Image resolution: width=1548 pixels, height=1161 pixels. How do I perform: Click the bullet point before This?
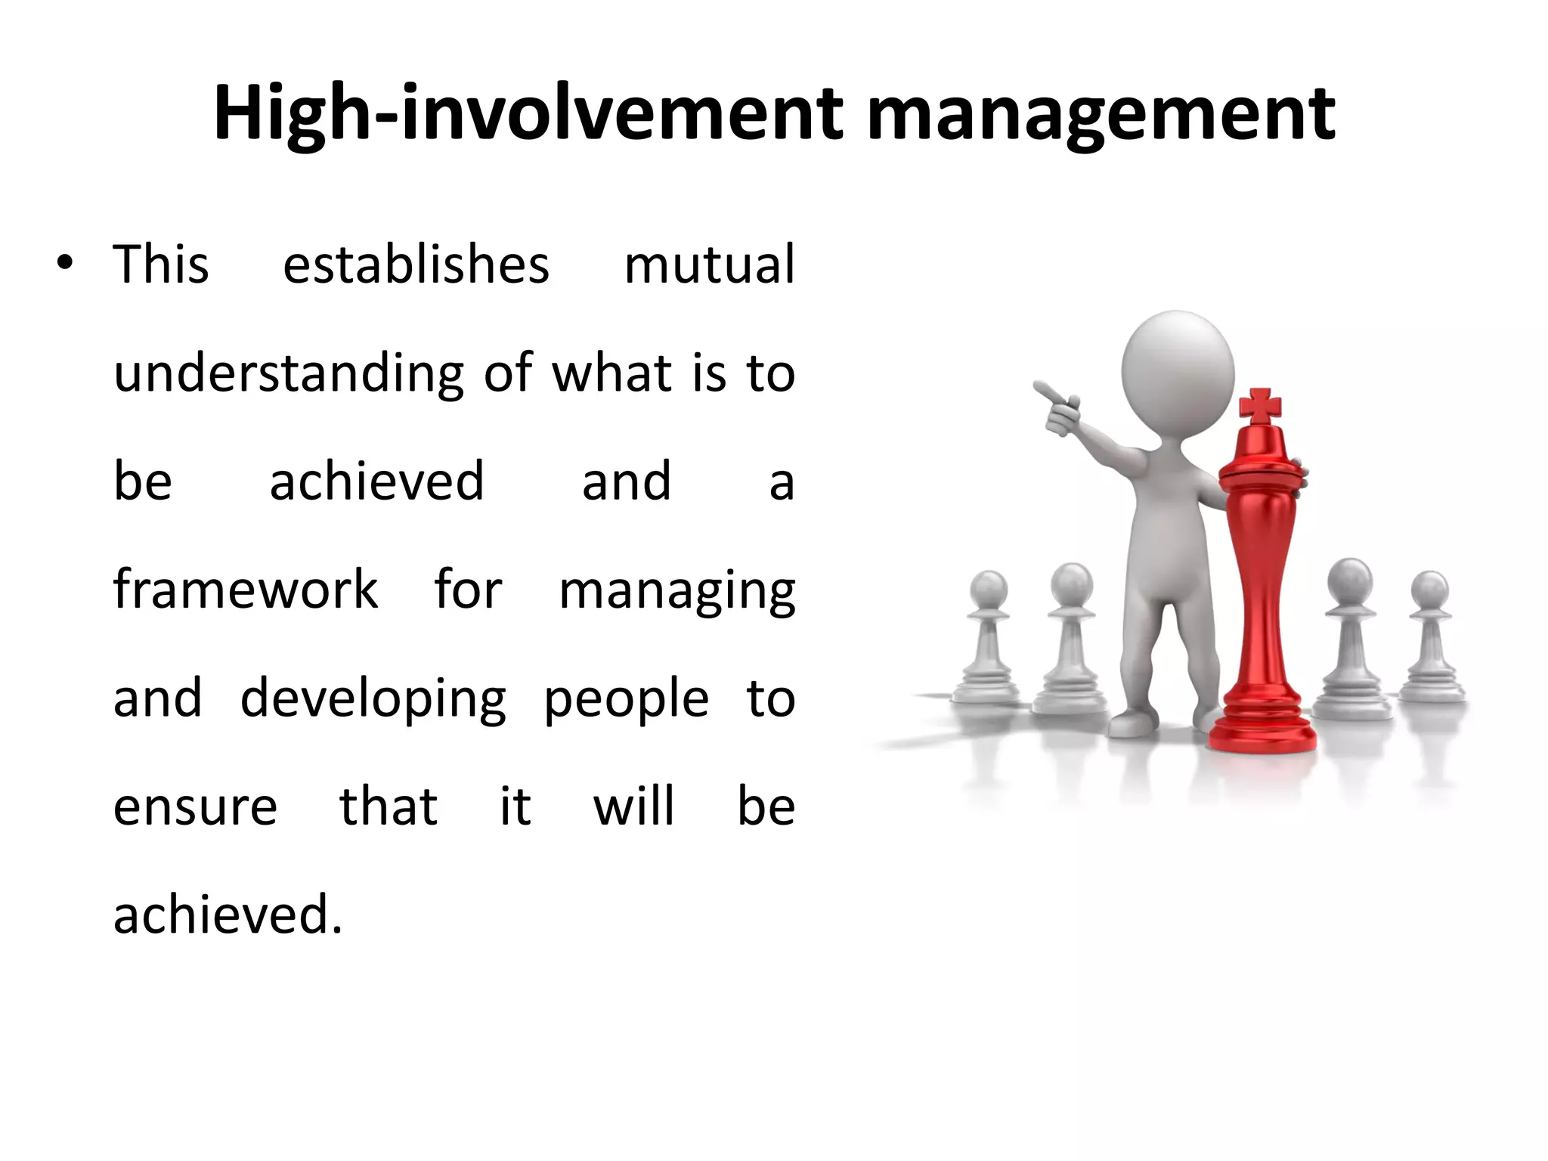(65, 264)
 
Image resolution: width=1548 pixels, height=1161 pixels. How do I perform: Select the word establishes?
(416, 265)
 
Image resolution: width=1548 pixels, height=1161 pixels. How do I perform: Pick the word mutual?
(709, 265)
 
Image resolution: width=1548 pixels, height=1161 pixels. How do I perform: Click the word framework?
(245, 590)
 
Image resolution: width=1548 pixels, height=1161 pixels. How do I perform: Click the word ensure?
(195, 807)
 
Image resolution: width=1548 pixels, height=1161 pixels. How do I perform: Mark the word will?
(633, 806)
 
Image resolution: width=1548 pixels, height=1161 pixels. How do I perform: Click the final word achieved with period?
(228, 915)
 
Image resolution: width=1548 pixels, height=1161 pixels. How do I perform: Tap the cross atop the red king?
(1261, 406)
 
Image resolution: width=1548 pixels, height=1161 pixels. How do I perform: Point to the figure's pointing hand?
(1058, 409)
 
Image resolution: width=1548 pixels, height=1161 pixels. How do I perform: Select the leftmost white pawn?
(987, 642)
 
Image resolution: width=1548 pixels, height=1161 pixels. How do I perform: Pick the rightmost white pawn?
(1430, 642)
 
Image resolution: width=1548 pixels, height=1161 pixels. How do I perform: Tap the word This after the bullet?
(161, 265)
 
